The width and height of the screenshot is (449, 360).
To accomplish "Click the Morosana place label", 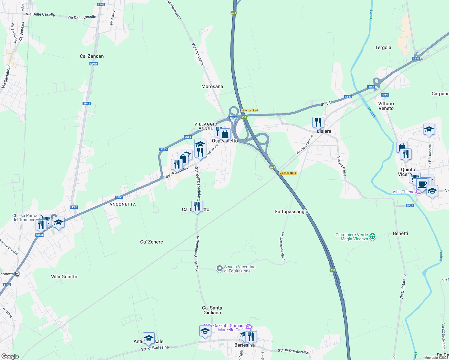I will click(x=212, y=86).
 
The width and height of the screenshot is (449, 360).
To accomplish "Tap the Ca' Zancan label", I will click(x=92, y=56).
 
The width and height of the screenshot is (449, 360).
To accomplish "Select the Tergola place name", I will click(x=383, y=47).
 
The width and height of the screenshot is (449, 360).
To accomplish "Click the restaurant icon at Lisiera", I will click(x=318, y=122).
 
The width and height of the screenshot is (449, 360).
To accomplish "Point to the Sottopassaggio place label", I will click(x=291, y=211).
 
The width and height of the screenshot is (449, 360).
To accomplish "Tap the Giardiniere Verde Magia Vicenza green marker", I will click(x=372, y=236).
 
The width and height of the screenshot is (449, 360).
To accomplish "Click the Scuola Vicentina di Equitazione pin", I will click(x=220, y=268).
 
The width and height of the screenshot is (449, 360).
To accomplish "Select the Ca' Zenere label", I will click(x=152, y=242).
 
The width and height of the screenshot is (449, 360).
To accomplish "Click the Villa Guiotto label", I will click(x=64, y=277).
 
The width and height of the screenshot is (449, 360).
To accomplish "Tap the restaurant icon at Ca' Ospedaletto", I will click(x=197, y=206).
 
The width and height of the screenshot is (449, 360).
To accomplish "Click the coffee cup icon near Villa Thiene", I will click(x=422, y=184).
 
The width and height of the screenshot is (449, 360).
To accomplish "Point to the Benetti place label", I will click(x=400, y=233).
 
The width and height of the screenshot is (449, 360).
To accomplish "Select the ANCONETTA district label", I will click(x=122, y=204).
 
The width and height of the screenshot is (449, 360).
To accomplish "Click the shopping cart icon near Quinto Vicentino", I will click(x=414, y=177).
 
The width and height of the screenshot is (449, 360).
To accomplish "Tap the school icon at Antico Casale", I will click(x=149, y=338).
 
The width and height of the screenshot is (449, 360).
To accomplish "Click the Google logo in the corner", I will click(x=10, y=356).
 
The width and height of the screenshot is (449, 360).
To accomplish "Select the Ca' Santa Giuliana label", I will click(x=212, y=310).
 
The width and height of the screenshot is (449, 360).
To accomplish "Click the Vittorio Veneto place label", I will click(x=386, y=106).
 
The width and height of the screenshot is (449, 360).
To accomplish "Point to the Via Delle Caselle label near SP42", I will click(x=82, y=17).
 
